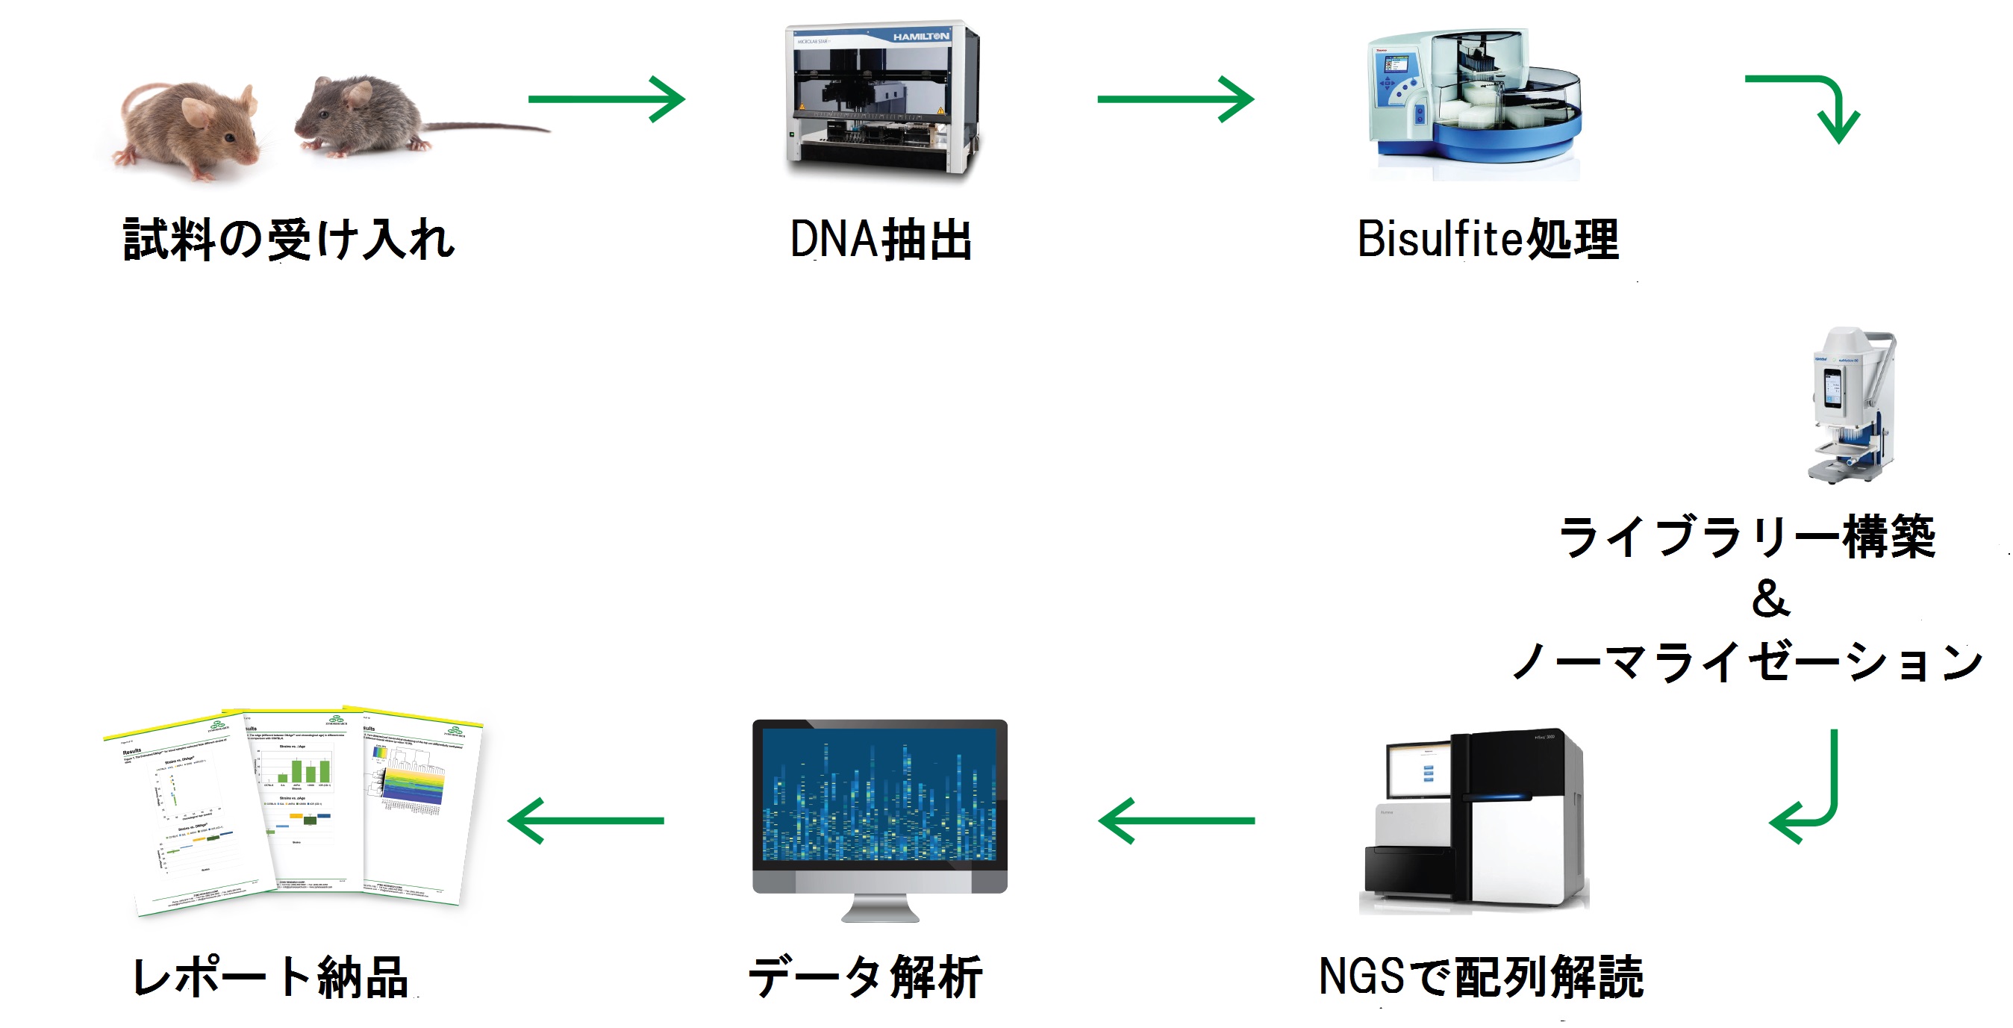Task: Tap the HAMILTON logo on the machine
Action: tap(920, 37)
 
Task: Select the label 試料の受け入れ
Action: tap(289, 239)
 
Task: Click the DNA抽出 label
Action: tap(881, 239)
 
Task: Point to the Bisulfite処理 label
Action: tap(1487, 239)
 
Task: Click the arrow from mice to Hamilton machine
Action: tap(605, 99)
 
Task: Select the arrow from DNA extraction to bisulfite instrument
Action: tap(1175, 99)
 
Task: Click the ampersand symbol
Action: tap(1770, 599)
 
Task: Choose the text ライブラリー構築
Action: tap(1747, 538)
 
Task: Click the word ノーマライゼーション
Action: tap(1747, 662)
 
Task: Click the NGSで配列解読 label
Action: tap(1481, 977)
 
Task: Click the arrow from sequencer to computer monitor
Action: tap(1176, 821)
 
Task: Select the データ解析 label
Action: tap(865, 977)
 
